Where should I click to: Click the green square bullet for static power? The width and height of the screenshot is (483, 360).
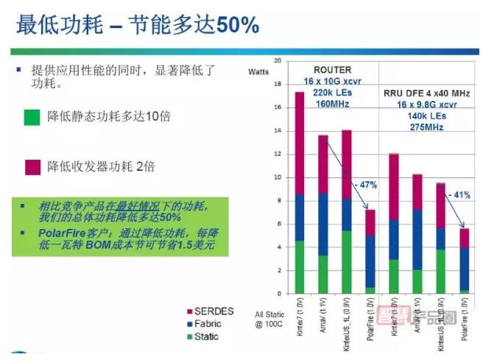[32, 116]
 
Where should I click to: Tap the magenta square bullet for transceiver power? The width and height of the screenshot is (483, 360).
[32, 166]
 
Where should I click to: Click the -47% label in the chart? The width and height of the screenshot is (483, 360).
[365, 184]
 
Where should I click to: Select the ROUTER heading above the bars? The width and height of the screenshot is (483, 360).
[333, 71]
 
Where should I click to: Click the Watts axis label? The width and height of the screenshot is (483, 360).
[258, 71]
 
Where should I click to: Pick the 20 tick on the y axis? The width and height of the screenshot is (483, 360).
[277, 60]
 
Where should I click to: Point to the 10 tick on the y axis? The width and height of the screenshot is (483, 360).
[277, 177]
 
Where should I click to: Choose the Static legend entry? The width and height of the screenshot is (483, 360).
[210, 337]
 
